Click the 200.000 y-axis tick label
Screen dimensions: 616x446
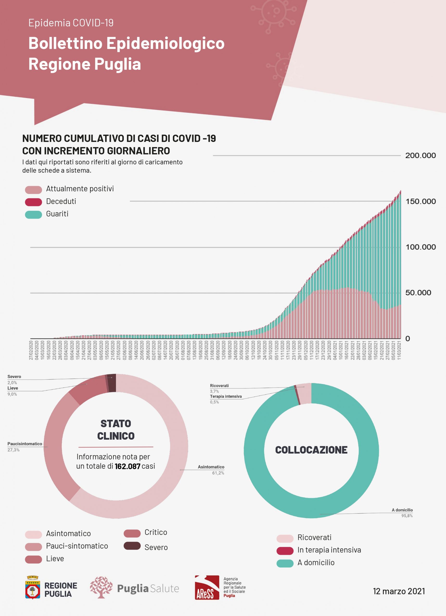pyautogui.click(x=420, y=155)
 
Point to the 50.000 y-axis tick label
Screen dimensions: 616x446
pyautogui.click(x=418, y=293)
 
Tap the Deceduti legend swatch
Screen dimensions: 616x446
pyautogui.click(x=33, y=202)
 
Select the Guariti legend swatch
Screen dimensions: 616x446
pyautogui.click(x=33, y=214)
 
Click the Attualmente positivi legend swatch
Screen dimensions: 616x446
pyautogui.click(x=33, y=190)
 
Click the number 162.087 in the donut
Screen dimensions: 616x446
pyautogui.click(x=127, y=466)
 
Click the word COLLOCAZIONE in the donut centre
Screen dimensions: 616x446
pyautogui.click(x=311, y=450)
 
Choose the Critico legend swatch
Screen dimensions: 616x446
pyautogui.click(x=132, y=533)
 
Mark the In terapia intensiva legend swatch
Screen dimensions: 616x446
pyautogui.click(x=285, y=551)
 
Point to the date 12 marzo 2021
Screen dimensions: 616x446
pyautogui.click(x=399, y=591)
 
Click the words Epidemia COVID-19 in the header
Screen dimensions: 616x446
pyautogui.click(x=71, y=23)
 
